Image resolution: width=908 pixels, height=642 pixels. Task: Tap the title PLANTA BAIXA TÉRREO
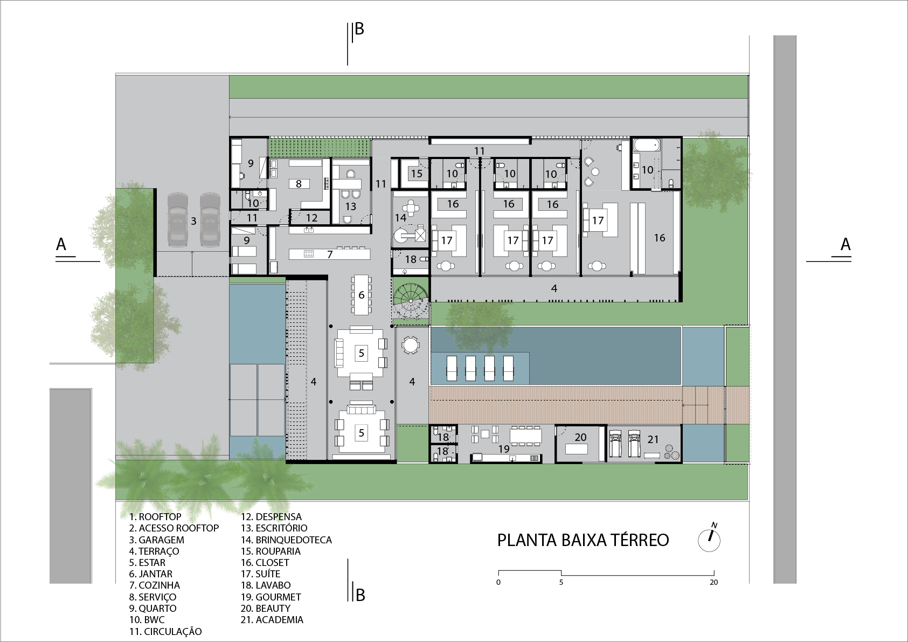[583, 540]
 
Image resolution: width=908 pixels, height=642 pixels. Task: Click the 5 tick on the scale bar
[561, 573]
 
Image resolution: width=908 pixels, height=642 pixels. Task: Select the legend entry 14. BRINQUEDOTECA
[286, 540]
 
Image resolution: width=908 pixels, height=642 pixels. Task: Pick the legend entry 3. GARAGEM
[156, 540]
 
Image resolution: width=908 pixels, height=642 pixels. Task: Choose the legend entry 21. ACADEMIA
[272, 620]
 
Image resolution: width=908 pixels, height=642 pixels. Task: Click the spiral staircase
[411, 302]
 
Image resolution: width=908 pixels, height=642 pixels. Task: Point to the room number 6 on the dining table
[361, 295]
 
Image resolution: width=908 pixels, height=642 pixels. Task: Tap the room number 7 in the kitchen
[330, 254]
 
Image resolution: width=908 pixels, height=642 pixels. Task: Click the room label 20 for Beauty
[580, 437]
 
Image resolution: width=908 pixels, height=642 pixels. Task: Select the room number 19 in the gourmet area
[504, 449]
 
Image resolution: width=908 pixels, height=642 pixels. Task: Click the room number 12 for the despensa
[311, 218]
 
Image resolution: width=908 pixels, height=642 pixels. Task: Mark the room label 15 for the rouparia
[417, 174]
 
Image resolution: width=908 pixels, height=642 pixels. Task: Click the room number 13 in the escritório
[351, 206]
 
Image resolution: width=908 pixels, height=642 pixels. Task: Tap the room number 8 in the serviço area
[299, 184]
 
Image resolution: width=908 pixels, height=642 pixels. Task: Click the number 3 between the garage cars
[194, 221]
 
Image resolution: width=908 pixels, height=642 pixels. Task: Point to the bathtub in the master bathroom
[647, 145]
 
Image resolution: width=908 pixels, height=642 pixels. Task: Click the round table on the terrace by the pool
[411, 345]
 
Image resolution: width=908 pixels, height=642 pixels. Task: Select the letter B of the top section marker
[359, 29]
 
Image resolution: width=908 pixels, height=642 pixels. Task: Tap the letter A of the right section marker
[845, 245]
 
